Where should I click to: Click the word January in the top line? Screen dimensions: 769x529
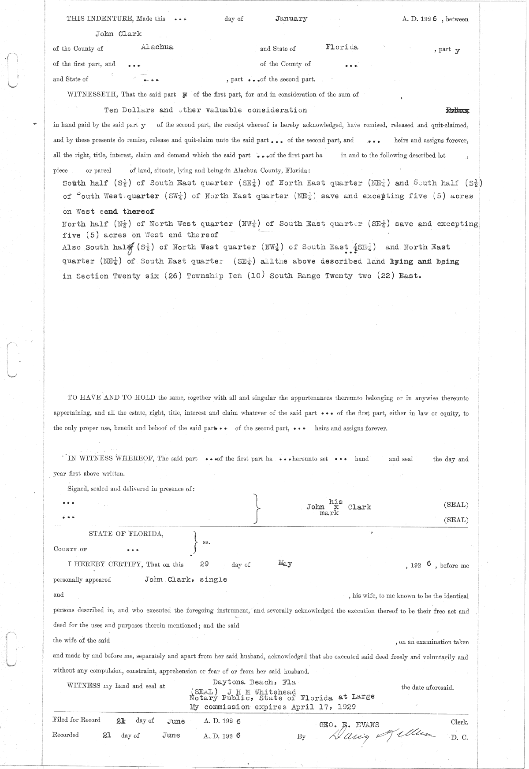point(291,19)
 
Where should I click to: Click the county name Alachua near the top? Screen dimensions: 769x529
point(157,47)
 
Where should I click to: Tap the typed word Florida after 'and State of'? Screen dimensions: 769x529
point(342,47)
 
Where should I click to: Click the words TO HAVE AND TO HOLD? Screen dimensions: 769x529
point(111,398)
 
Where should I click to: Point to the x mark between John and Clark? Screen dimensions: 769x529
point(336,507)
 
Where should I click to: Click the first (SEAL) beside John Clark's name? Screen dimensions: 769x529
point(456,505)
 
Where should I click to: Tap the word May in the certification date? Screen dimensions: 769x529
point(285,563)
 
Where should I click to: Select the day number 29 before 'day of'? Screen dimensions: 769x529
point(204,564)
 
